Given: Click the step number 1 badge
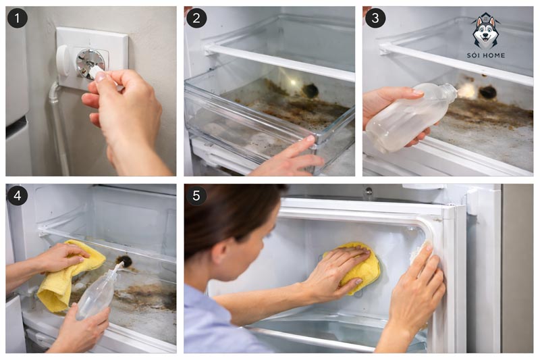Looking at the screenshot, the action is (x=18, y=18).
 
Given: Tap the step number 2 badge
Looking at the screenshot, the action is (x=196, y=18).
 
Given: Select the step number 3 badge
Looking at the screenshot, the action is (x=375, y=18).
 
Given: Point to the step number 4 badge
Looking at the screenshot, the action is (x=18, y=196).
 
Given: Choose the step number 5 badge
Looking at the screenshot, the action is (x=196, y=196).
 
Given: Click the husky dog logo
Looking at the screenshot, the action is (x=485, y=32).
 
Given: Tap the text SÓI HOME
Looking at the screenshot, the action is (x=486, y=55).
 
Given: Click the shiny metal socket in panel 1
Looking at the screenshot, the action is (x=90, y=63).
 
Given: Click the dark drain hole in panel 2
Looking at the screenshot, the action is (x=310, y=91).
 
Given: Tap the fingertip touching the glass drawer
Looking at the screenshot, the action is (x=309, y=139).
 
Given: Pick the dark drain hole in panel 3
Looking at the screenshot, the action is (x=487, y=92).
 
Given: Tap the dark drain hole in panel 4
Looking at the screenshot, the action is (x=125, y=261).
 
